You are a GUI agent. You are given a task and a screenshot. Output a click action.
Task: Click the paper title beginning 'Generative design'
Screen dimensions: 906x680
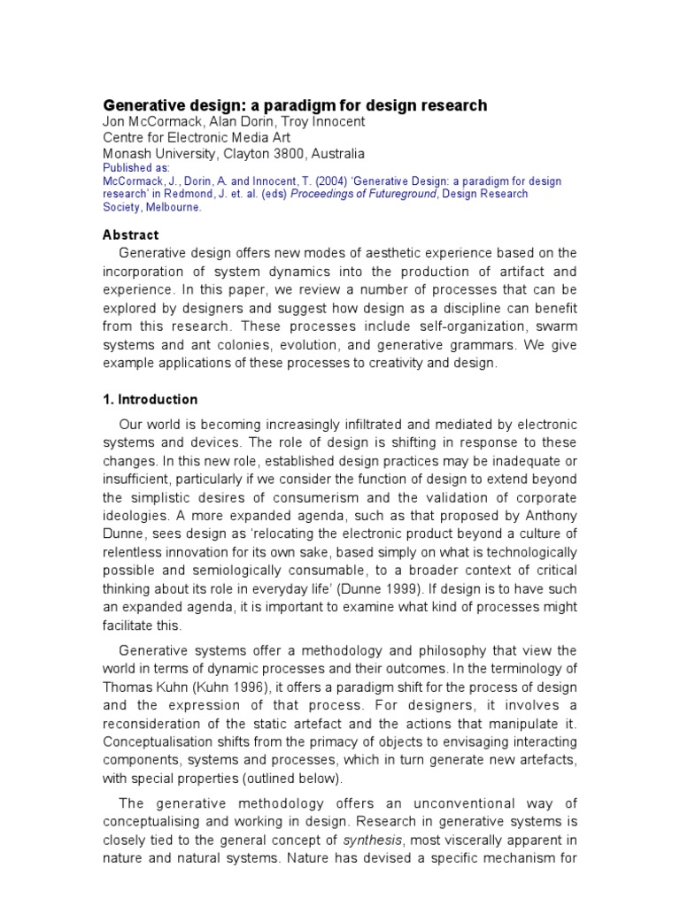[296, 105]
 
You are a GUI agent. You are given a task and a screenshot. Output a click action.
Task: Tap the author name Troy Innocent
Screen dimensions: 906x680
[310, 122]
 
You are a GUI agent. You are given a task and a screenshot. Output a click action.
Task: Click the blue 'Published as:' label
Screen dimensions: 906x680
[136, 166]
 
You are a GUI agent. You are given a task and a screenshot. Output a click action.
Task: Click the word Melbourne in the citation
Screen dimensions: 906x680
[173, 207]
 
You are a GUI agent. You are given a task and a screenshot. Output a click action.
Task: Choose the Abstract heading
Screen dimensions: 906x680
[131, 235]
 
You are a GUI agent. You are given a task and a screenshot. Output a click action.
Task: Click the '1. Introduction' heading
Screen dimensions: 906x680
[151, 399]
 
